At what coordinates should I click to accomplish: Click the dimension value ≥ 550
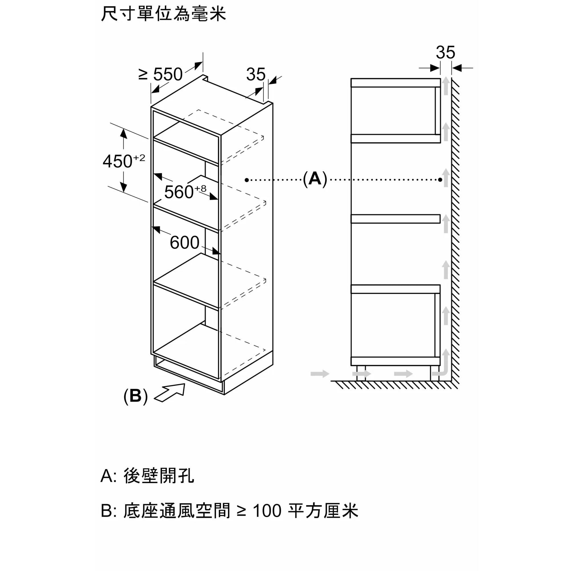[x=160, y=74]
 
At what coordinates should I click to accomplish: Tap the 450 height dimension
[x=117, y=161]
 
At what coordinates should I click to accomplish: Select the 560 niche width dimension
[x=179, y=192]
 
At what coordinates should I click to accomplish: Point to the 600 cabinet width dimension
[x=184, y=242]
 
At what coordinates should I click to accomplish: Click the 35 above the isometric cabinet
[x=256, y=74]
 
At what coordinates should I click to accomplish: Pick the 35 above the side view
[x=445, y=52]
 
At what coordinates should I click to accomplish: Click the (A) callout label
[x=315, y=179]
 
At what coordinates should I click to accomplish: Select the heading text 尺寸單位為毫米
[x=163, y=14]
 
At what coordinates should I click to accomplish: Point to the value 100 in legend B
[x=267, y=510]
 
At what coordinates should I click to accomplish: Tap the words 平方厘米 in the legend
[x=323, y=510]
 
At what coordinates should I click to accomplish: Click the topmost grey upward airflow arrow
[x=446, y=86]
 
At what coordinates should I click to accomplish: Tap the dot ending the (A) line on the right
[x=440, y=180]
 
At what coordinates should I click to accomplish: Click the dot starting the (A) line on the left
[x=246, y=180]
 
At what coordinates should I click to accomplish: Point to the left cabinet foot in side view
[x=361, y=373]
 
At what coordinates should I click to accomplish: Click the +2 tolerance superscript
[x=139, y=158]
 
